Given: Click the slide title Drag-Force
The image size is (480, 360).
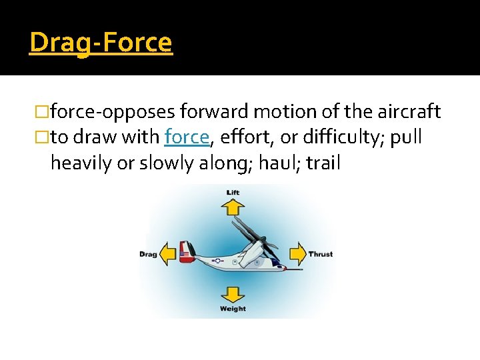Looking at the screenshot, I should (101, 43).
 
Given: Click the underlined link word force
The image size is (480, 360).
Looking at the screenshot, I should (187, 137).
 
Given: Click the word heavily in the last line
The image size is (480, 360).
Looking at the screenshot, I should (81, 162).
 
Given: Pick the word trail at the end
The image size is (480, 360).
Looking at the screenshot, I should (323, 162).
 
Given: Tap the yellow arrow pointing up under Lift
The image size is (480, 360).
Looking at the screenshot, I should (233, 207).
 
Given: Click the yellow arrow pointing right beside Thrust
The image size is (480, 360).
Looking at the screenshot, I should (297, 254).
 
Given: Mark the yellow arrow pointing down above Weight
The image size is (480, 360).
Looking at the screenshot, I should (233, 294).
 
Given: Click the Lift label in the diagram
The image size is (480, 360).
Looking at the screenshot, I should (233, 193).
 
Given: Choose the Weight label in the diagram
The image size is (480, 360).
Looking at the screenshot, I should (233, 309).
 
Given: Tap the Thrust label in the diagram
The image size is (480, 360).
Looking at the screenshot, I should (320, 254).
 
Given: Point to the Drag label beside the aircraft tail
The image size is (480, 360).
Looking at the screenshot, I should (148, 254).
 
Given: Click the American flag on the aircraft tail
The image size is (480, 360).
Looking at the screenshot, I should (185, 253).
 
